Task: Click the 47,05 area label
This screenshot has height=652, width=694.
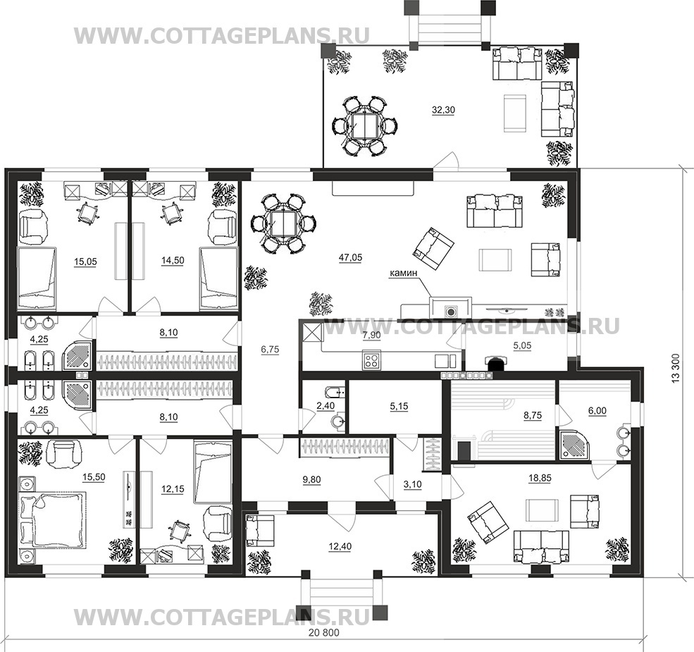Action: pyautogui.click(x=350, y=257)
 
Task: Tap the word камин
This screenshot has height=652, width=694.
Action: pyautogui.click(x=403, y=273)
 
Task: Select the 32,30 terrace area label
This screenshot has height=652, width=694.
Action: pyautogui.click(x=443, y=110)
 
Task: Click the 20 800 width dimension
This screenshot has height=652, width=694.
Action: pyautogui.click(x=324, y=633)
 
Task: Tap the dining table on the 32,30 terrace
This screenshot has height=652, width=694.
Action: pyautogui.click(x=364, y=125)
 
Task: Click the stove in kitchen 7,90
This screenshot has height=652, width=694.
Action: pyautogui.click(x=371, y=359)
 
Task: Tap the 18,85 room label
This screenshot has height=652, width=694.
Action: pyautogui.click(x=540, y=479)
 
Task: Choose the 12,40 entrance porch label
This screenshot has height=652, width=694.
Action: pyautogui.click(x=340, y=547)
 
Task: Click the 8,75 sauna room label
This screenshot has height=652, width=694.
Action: pyautogui.click(x=533, y=415)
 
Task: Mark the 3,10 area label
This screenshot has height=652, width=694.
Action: pyautogui.click(x=412, y=484)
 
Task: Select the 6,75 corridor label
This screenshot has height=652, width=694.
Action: pyautogui.click(x=270, y=350)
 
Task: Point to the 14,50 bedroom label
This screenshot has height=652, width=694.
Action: pyautogui.click(x=173, y=261)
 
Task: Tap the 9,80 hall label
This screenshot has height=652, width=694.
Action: pyautogui.click(x=311, y=480)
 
